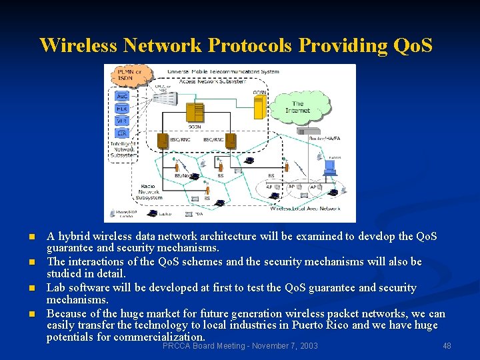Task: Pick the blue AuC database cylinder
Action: tap(122, 96)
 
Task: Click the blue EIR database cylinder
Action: tap(122, 133)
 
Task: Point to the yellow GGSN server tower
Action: tap(259, 106)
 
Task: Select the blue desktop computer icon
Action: tap(329, 169)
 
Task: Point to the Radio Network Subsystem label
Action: tap(149, 192)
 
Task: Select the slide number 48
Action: tap(447, 346)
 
